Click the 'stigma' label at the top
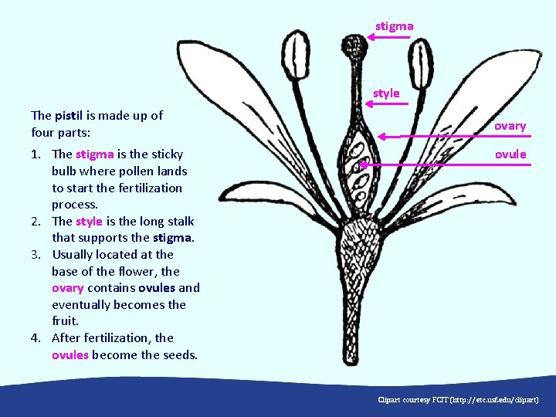[394, 26]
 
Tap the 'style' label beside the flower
[386, 93]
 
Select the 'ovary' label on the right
[510, 126]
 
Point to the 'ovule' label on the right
[510, 154]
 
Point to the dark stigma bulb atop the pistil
[356, 47]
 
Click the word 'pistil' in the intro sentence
[69, 116]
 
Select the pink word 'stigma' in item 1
[94, 154]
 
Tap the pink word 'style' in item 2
[89, 221]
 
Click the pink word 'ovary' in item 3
[67, 288]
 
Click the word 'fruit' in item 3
[64, 321]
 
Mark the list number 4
[36, 338]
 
